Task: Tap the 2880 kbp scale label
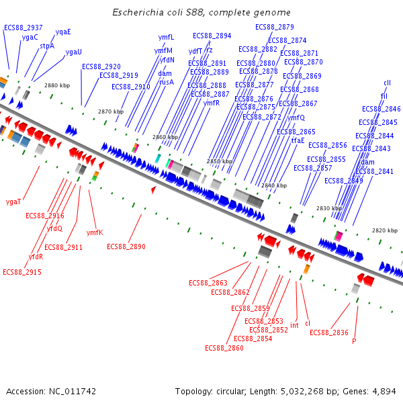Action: click(x=57, y=85)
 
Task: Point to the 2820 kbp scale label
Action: click(x=385, y=230)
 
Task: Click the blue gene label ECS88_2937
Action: click(x=24, y=28)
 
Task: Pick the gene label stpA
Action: click(x=47, y=46)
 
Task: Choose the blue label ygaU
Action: click(x=74, y=52)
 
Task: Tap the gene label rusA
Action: click(x=166, y=82)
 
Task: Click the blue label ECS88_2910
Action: click(x=131, y=87)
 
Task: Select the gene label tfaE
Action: click(x=298, y=140)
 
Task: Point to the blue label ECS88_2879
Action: click(x=275, y=27)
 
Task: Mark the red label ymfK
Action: click(x=95, y=232)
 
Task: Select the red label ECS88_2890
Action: click(x=126, y=247)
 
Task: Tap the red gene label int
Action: click(x=294, y=325)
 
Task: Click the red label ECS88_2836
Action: click(x=329, y=332)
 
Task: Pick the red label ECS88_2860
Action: click(x=224, y=348)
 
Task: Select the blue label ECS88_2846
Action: click(x=382, y=109)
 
